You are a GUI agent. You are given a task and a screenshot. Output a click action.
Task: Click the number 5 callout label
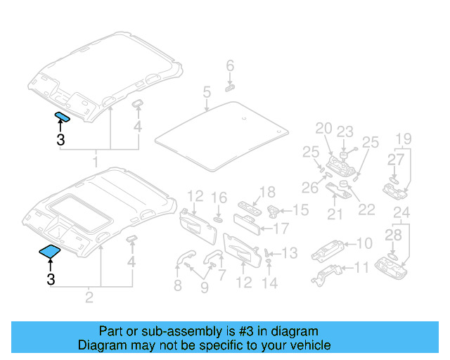click(207, 91)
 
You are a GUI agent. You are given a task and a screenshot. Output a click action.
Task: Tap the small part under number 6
click(230, 88)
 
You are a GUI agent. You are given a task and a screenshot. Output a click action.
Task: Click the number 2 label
click(89, 297)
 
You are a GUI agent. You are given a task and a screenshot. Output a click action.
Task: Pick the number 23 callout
click(344, 131)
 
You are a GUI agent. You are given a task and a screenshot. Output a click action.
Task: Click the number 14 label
click(270, 283)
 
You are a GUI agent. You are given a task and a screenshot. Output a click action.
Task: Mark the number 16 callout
click(219, 198)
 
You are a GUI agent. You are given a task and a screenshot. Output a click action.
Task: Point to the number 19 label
click(402, 138)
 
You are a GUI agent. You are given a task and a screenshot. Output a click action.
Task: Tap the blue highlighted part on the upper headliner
click(61, 117)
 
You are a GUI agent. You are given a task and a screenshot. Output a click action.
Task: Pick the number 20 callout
click(323, 128)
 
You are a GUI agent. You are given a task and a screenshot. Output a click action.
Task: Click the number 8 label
click(177, 285)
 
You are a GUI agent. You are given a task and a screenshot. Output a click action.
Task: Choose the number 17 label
click(281, 228)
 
